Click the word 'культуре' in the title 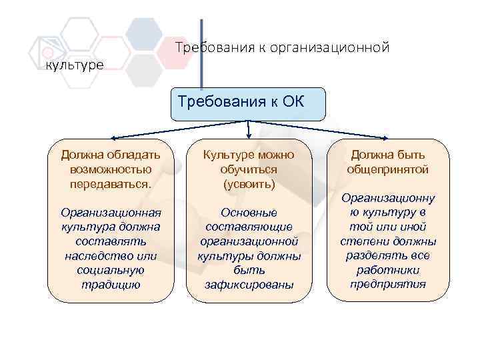(74, 65)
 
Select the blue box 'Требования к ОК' (247, 103)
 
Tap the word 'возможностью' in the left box (111, 169)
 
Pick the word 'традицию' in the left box (111, 285)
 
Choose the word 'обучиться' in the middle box (249, 169)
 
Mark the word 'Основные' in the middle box (249, 213)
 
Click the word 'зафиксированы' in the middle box (249, 285)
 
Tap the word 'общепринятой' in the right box (387, 169)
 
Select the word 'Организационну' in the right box (387, 198)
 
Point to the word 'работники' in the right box (387, 270)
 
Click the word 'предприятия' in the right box (387, 285)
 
